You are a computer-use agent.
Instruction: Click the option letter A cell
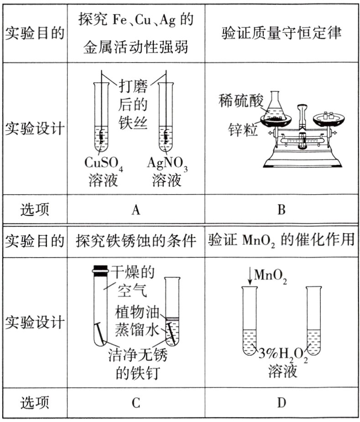[135, 210]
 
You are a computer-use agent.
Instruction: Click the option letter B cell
[282, 210]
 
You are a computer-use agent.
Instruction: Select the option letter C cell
[135, 403]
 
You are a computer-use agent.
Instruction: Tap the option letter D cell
[282, 403]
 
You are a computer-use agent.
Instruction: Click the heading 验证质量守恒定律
[282, 33]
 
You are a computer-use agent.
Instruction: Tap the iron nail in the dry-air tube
[101, 333]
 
